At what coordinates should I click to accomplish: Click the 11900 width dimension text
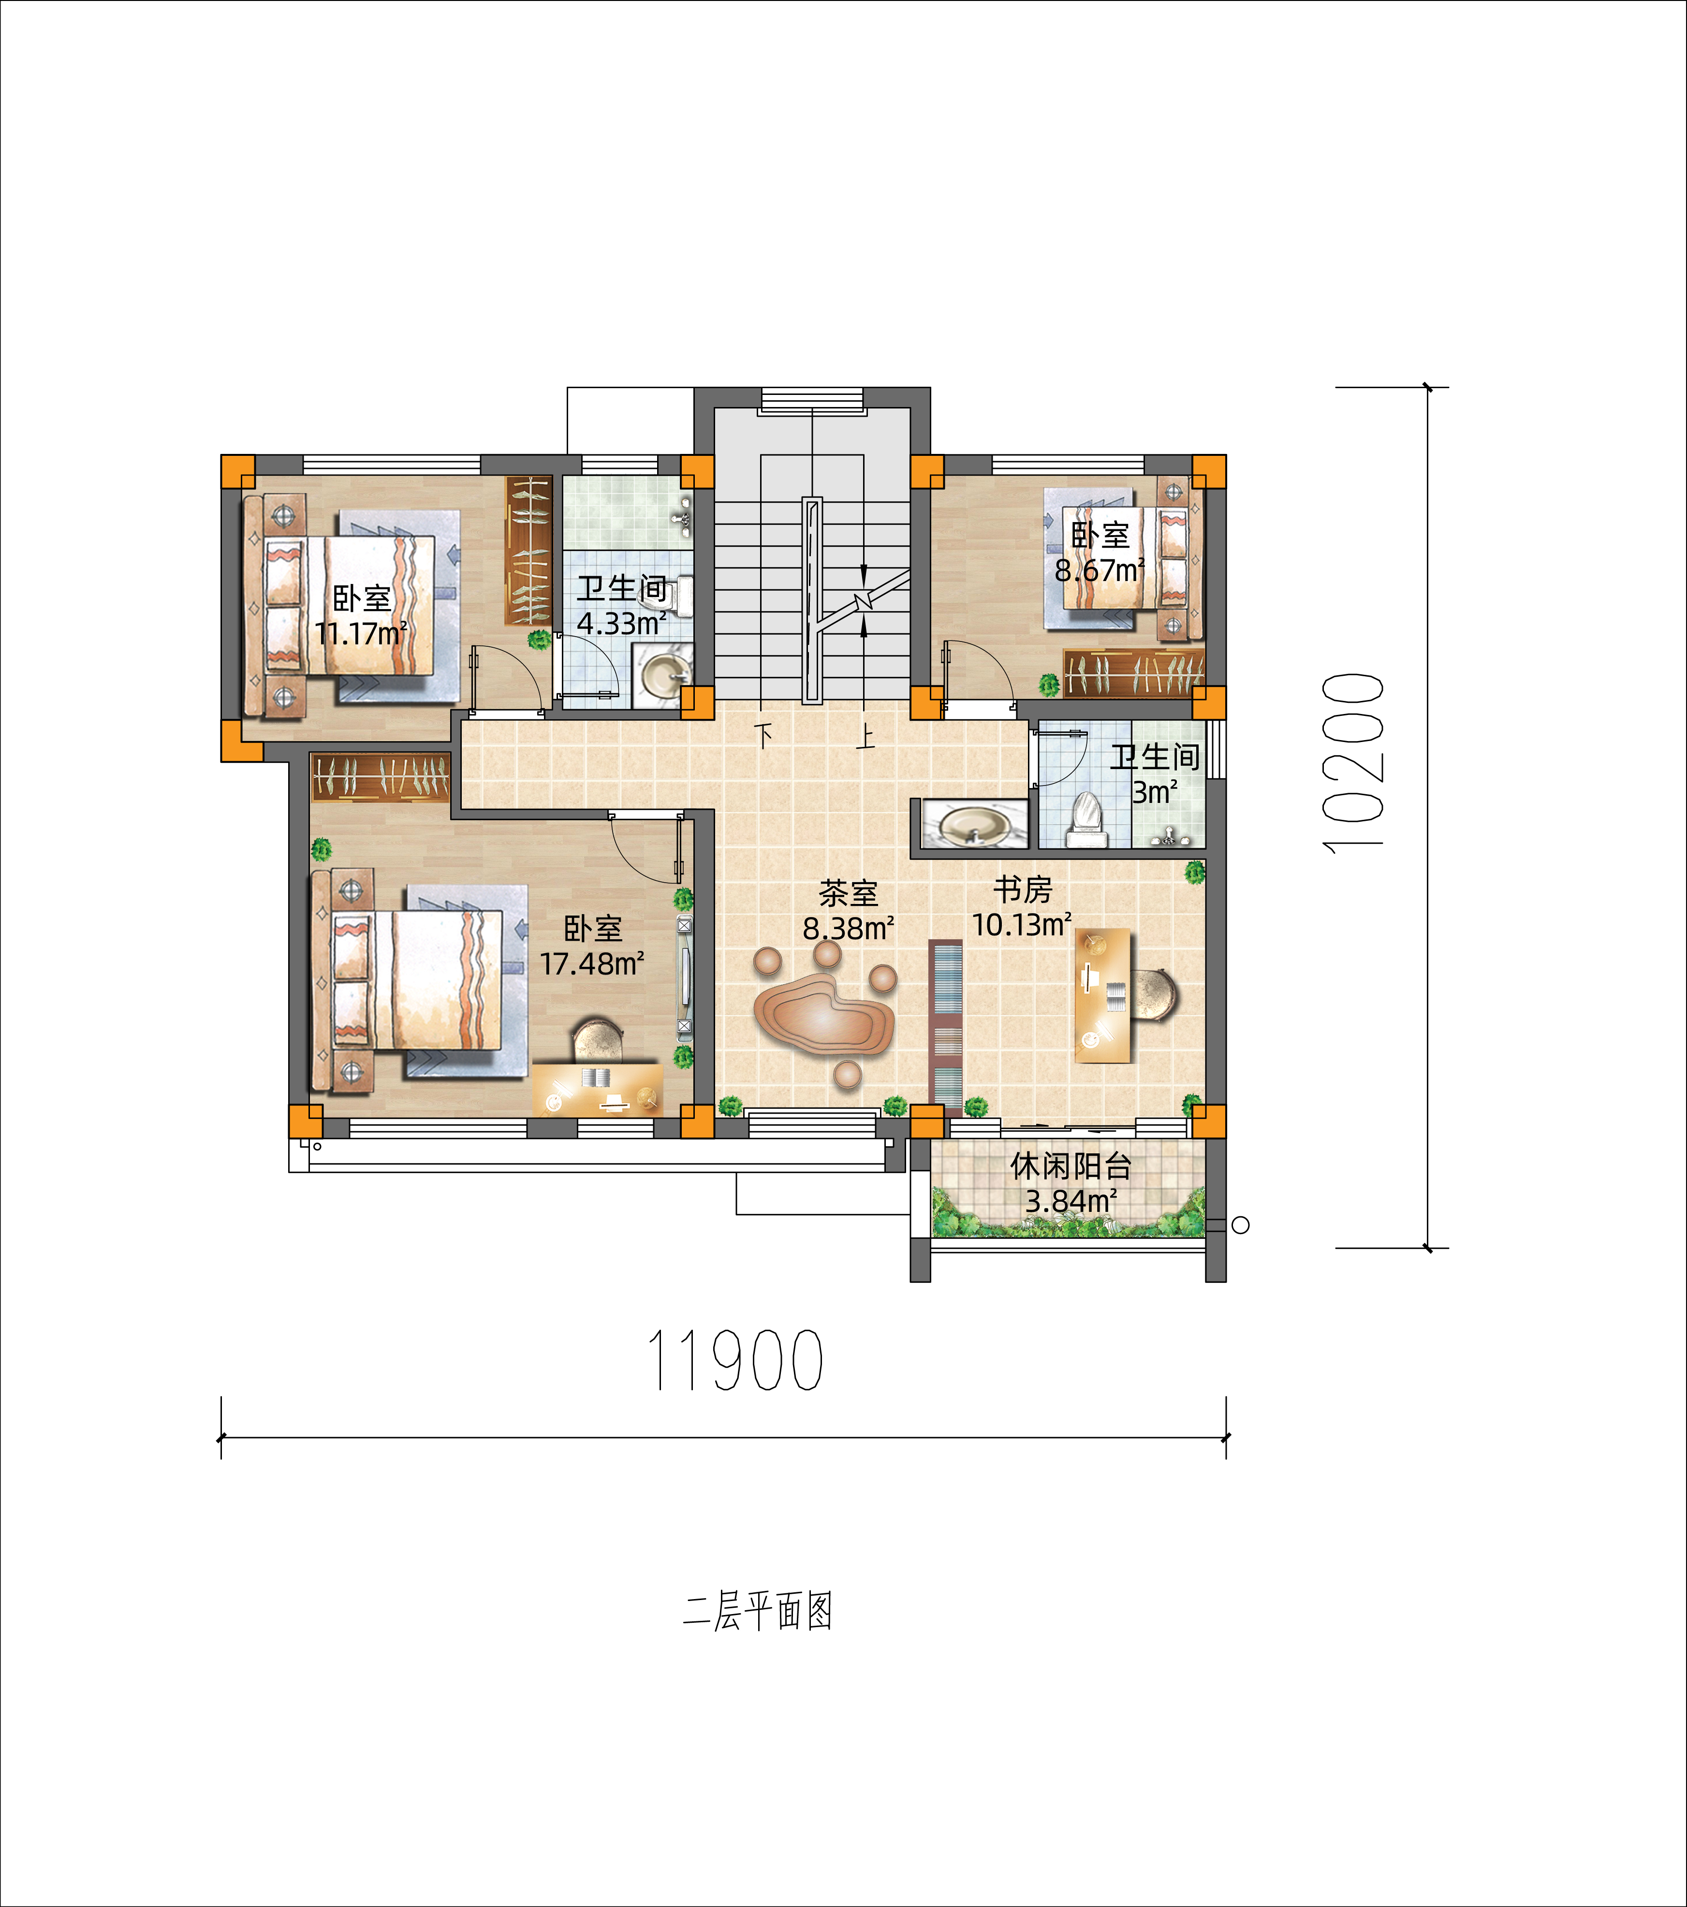(x=735, y=1360)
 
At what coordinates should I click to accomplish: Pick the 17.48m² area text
(x=592, y=963)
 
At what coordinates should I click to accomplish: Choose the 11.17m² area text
(x=361, y=633)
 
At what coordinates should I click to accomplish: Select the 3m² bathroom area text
(x=1155, y=792)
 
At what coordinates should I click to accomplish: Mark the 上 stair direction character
(x=866, y=737)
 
